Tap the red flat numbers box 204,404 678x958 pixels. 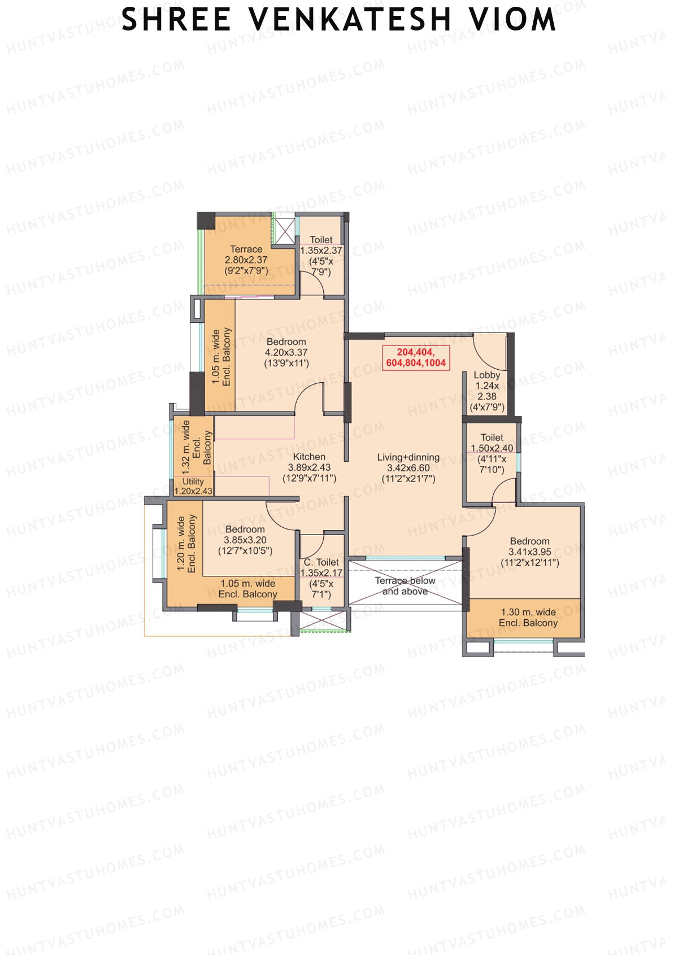click(x=416, y=358)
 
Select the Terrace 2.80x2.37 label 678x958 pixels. click(x=246, y=260)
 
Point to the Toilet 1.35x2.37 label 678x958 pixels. click(x=321, y=255)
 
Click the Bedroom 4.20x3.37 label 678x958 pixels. click(x=286, y=352)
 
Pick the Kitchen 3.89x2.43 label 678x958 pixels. click(x=309, y=467)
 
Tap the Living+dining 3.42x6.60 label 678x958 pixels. click(x=408, y=467)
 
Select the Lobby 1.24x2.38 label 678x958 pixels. click(x=486, y=391)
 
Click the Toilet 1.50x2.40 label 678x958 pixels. click(x=492, y=453)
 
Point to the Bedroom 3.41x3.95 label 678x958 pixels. click(x=529, y=552)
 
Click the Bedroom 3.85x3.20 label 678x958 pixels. click(x=245, y=540)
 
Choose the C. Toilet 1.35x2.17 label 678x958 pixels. click(x=321, y=578)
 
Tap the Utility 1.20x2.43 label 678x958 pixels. click(x=193, y=486)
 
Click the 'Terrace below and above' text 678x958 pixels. click(x=405, y=586)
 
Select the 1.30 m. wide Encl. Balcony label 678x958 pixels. click(x=528, y=618)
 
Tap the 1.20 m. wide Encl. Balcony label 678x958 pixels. click(x=186, y=543)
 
